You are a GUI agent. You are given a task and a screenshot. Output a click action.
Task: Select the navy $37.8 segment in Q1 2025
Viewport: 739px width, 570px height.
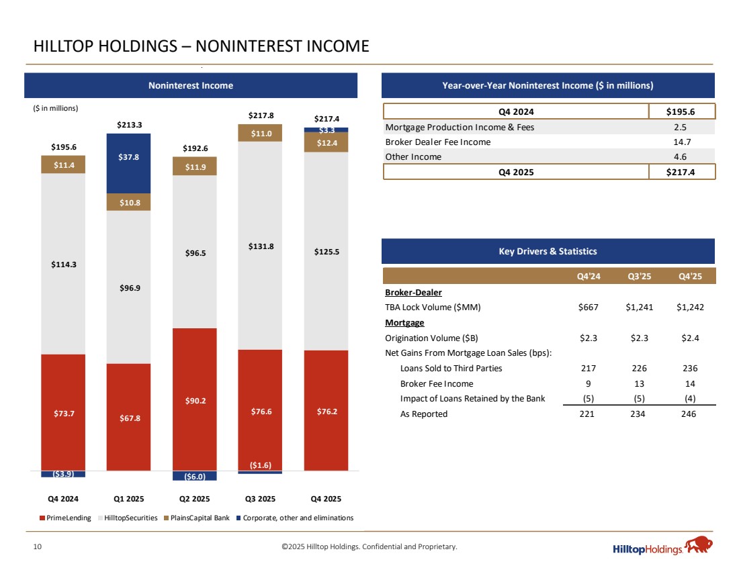point(128,163)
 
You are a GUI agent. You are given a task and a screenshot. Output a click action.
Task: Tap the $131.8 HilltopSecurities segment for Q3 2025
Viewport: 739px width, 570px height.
point(259,246)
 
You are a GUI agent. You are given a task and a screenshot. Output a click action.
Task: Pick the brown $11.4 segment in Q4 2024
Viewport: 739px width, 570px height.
point(63,164)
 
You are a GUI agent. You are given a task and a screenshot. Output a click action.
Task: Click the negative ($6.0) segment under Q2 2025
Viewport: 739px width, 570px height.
point(194,476)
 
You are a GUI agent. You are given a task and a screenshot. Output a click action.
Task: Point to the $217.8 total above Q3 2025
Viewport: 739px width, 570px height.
point(259,115)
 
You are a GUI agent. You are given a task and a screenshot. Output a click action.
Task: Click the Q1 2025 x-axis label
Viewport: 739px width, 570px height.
point(128,499)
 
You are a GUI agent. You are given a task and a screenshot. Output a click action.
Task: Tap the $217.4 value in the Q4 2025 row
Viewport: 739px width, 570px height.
point(682,171)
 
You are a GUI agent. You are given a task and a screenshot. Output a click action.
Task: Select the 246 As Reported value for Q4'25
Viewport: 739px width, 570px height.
point(689,414)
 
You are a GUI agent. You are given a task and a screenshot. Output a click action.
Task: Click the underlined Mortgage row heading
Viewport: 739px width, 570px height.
point(404,322)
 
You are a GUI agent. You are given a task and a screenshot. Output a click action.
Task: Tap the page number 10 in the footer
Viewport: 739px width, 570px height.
point(38,547)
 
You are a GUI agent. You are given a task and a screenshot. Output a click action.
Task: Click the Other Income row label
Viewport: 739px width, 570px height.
point(413,156)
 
